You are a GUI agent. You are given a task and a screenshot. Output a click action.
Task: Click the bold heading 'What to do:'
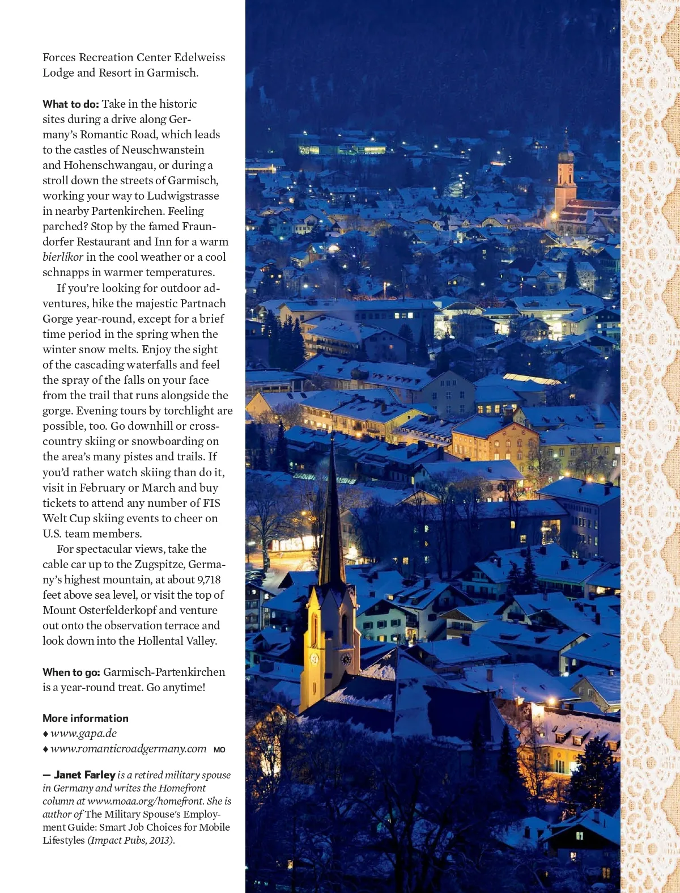coord(71,104)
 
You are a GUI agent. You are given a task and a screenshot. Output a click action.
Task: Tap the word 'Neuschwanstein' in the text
coord(163,150)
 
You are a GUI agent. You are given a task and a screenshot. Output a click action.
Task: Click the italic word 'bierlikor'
coord(63,257)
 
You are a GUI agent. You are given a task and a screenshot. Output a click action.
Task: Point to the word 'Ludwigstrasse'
coord(183,196)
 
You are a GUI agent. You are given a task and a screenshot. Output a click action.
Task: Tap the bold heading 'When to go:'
coord(71,672)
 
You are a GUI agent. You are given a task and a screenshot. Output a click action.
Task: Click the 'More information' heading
coord(86,718)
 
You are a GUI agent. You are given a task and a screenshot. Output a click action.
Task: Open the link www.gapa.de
coord(83,733)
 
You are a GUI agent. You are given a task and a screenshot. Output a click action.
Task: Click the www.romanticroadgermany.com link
coord(128,748)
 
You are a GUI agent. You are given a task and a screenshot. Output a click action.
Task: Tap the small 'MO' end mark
coord(219,750)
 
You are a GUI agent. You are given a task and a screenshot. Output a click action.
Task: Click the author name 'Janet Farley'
coord(84,775)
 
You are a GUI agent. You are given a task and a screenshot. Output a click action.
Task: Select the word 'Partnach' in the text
coord(203,303)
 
